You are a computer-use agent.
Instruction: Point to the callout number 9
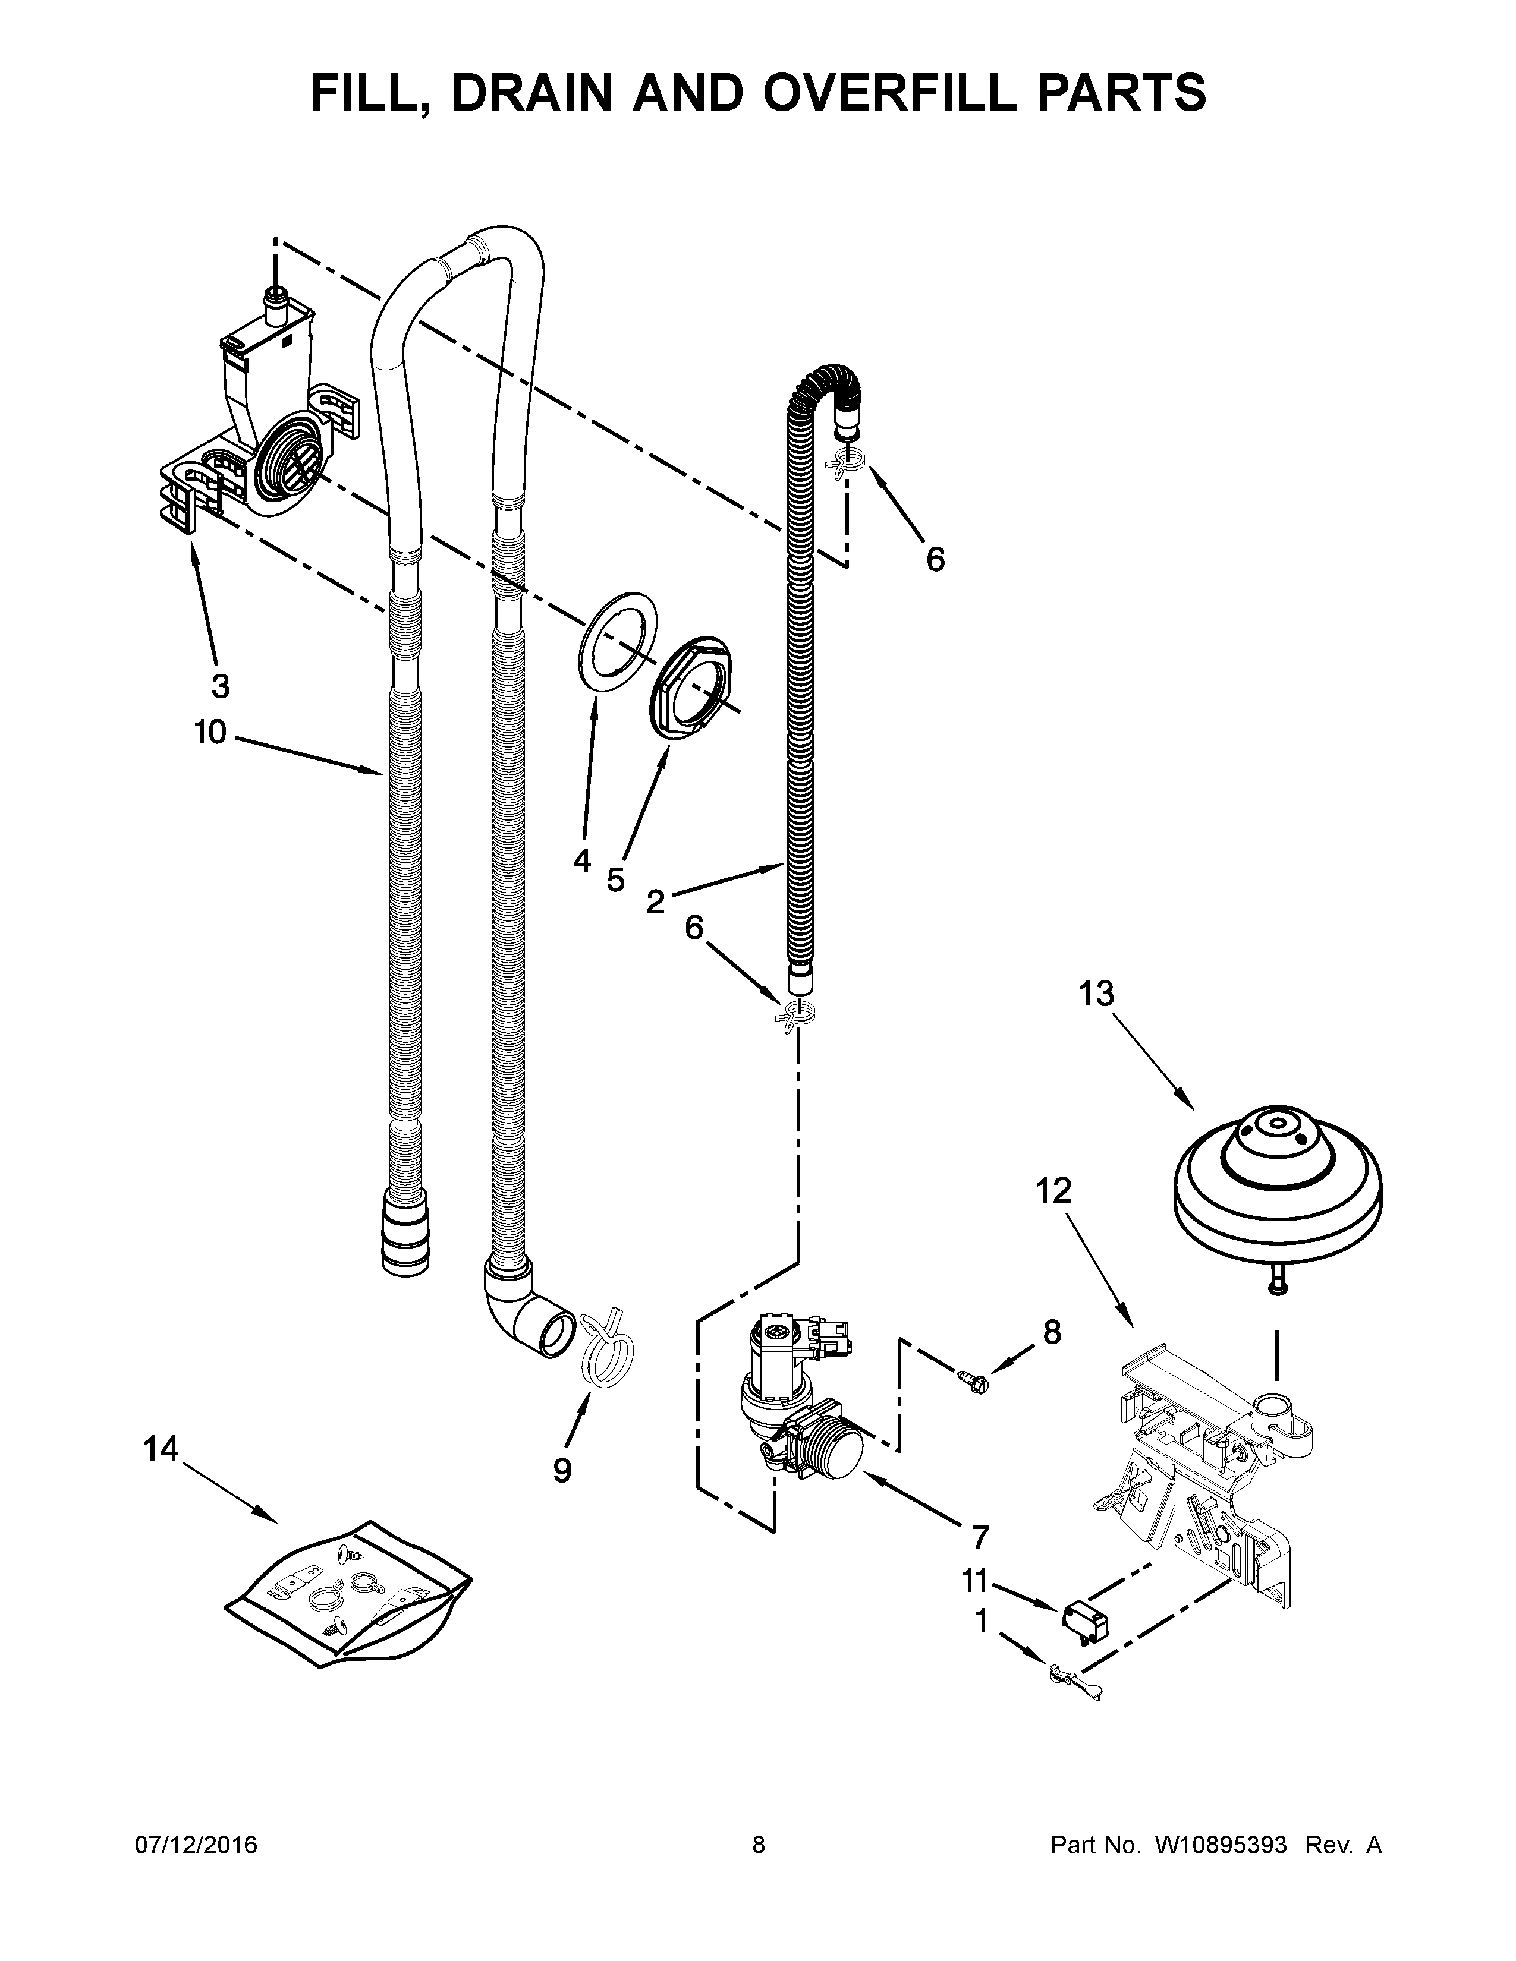click(x=562, y=1470)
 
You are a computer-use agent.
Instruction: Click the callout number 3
click(x=220, y=687)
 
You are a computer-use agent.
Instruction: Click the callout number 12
click(x=1053, y=1191)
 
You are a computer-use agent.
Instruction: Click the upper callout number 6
click(x=935, y=559)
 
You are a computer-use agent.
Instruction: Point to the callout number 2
click(x=656, y=901)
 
